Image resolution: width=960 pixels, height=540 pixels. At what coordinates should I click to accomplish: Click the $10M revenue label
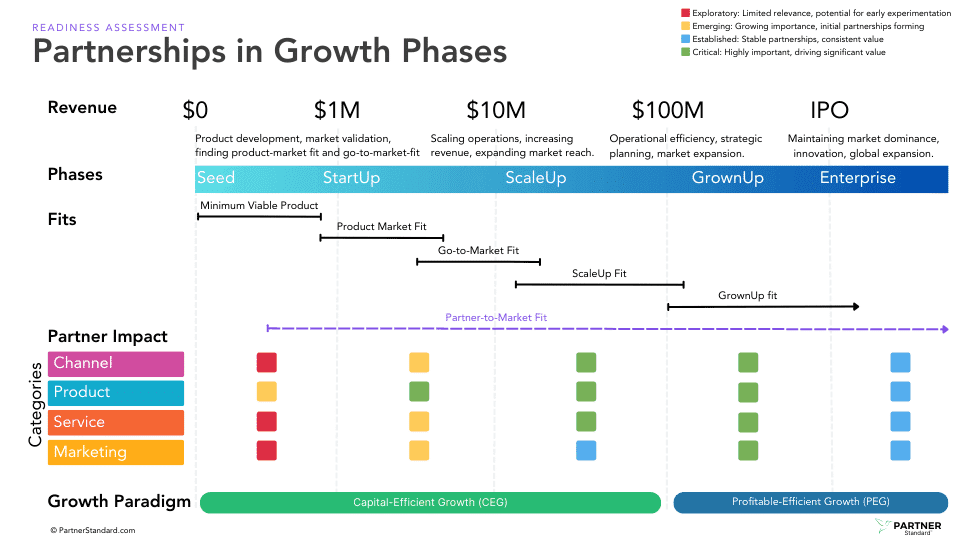point(496,110)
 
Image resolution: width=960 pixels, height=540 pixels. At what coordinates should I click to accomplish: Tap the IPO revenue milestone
point(829,110)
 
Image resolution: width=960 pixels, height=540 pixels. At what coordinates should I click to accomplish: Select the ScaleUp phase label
point(536,178)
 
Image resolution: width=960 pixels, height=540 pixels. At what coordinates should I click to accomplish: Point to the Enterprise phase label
point(857,178)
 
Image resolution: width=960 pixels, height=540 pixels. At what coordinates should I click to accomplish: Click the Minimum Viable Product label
point(259,206)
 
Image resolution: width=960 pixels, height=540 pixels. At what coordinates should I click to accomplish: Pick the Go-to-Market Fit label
point(478,250)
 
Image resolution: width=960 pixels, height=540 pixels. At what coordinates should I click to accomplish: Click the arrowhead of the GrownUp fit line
point(856,306)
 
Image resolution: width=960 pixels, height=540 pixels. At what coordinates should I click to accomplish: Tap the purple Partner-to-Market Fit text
point(496,317)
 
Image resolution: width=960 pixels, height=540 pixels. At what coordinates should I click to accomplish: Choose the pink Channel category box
point(116,364)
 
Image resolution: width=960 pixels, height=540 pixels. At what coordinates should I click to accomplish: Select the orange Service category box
point(116,422)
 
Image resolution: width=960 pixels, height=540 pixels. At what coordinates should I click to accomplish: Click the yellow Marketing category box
point(116,452)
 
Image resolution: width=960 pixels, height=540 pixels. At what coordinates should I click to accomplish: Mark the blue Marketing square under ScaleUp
point(586,451)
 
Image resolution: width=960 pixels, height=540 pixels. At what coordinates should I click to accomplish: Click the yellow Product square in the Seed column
point(266,391)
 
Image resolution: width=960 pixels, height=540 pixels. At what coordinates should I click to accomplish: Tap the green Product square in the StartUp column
point(419,391)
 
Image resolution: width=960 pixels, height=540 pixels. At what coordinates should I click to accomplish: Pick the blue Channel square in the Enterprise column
point(900,362)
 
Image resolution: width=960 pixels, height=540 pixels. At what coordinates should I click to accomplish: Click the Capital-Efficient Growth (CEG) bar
point(430,503)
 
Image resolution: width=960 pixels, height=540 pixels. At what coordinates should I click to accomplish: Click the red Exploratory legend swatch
point(686,13)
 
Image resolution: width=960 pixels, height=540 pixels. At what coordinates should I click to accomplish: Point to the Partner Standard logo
point(909,527)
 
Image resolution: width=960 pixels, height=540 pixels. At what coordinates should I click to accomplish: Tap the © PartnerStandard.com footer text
point(92,530)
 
